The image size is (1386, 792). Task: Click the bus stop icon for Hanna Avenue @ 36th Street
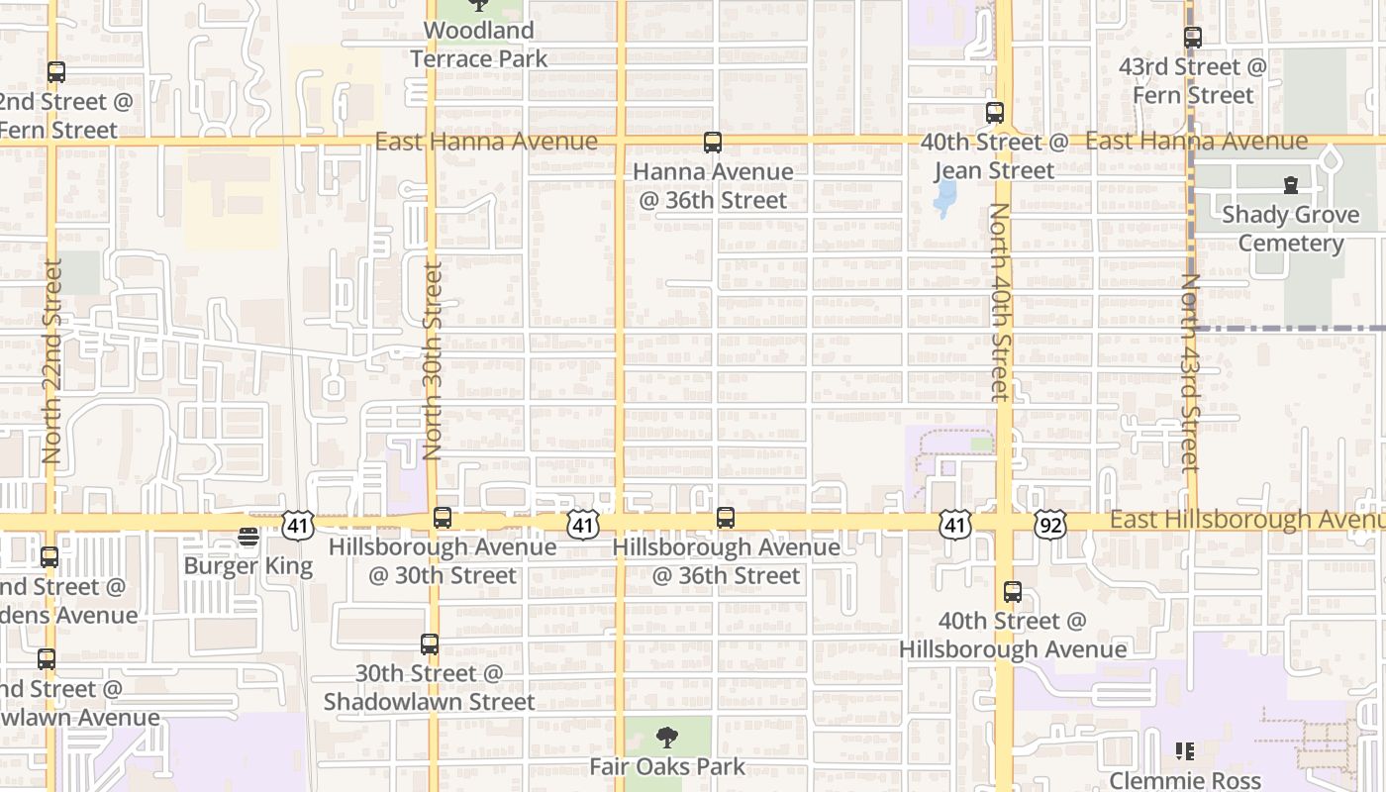coord(713,143)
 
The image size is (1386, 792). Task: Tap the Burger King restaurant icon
coord(248,537)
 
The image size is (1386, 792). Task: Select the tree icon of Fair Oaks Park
coord(667,737)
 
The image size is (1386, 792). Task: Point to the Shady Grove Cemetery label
coord(1290,229)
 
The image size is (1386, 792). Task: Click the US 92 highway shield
coord(1050,525)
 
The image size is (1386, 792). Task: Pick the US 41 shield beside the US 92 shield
coord(955,525)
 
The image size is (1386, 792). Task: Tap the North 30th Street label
coord(432,361)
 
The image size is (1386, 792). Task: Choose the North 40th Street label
coord(999,302)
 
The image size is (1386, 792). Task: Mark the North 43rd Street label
coord(1189,373)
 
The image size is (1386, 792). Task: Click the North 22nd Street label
coord(52,361)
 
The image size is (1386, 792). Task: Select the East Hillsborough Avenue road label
coord(1246,520)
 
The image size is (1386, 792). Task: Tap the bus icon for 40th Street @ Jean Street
coord(995,113)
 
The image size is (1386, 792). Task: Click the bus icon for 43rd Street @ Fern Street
coord(1193,38)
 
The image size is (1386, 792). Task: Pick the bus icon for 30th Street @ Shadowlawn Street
coord(430,644)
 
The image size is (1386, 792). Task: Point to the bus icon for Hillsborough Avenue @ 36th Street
coord(726,518)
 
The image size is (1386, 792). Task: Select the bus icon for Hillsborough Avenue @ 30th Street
coord(443,518)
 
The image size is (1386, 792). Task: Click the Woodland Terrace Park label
coord(479,45)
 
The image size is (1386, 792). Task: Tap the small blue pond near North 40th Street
coord(945,196)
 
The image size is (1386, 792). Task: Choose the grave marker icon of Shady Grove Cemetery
coord(1290,185)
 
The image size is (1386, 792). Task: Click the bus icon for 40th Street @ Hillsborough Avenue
coord(1013,592)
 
